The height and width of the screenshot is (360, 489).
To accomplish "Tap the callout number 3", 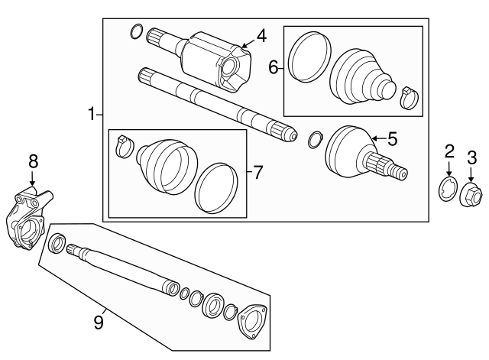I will [471, 157].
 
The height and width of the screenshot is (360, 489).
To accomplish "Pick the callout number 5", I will [392, 138].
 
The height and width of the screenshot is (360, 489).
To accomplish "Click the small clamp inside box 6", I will [409, 96].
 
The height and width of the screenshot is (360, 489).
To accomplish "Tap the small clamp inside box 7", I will [122, 145].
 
